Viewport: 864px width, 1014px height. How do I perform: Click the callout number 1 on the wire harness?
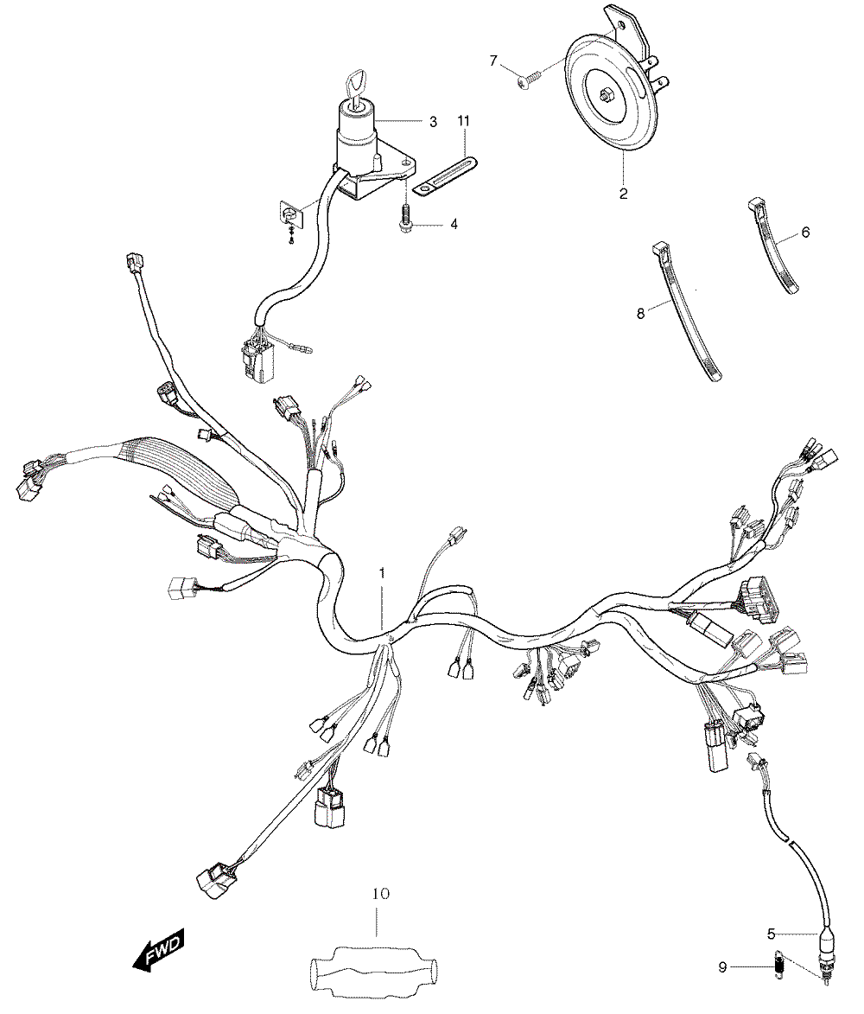(x=381, y=573)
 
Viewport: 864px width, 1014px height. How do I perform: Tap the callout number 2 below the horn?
(x=623, y=194)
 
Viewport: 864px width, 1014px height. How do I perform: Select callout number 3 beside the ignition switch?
(x=433, y=122)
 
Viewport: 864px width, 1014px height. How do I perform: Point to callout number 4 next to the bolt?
(x=454, y=224)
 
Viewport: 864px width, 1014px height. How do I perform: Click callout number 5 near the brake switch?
(x=771, y=934)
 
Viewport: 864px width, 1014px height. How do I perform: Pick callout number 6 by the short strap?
(x=805, y=233)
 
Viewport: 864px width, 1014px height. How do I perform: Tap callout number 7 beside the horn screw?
(x=493, y=61)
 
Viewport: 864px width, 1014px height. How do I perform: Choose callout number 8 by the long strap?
(x=640, y=314)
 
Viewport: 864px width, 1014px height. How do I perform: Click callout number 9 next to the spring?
(x=722, y=967)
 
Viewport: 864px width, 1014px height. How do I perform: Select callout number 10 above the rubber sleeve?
(x=381, y=894)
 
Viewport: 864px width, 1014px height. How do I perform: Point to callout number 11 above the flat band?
(x=463, y=121)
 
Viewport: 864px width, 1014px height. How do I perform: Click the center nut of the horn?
(x=606, y=97)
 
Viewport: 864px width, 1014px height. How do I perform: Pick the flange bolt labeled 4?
(x=406, y=220)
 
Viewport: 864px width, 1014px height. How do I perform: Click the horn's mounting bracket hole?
(x=620, y=27)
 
